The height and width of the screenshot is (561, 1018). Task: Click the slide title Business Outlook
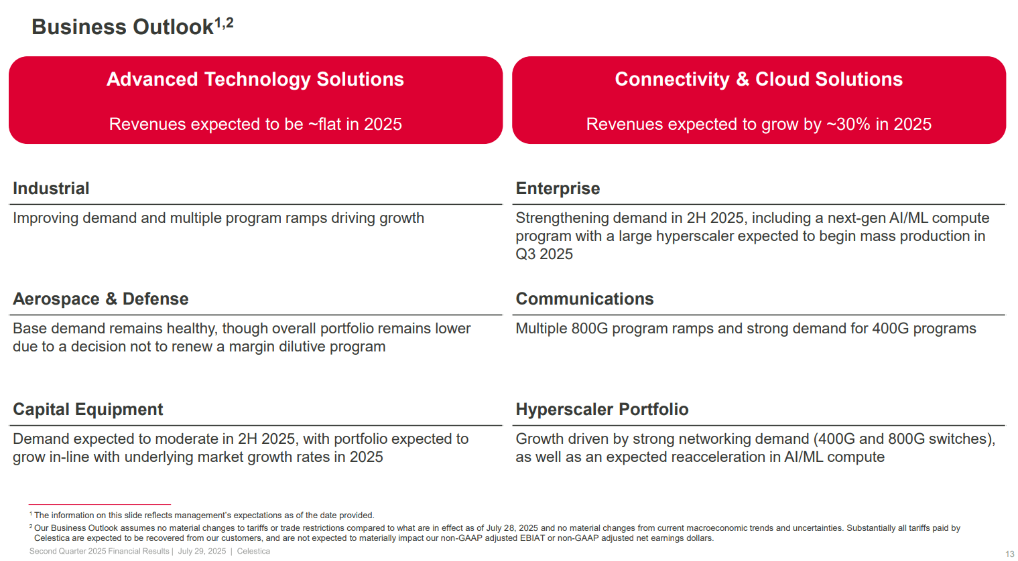point(122,27)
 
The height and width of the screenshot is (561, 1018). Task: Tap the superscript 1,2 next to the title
point(224,23)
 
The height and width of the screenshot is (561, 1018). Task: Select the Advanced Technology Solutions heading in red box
point(255,79)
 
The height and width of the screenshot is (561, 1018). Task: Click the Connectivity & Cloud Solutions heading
point(759,79)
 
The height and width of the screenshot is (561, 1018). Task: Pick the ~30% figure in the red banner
point(848,125)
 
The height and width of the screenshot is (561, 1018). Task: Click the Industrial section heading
point(51,189)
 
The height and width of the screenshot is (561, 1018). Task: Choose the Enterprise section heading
point(558,189)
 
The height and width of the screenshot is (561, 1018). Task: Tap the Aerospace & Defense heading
point(101,299)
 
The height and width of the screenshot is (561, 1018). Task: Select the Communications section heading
point(584,299)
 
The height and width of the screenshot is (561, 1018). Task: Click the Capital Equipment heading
point(88,410)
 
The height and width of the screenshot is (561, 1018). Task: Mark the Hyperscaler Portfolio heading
point(602,410)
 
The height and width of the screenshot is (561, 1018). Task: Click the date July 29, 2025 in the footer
point(202,552)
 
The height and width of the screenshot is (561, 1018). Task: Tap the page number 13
point(1009,554)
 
